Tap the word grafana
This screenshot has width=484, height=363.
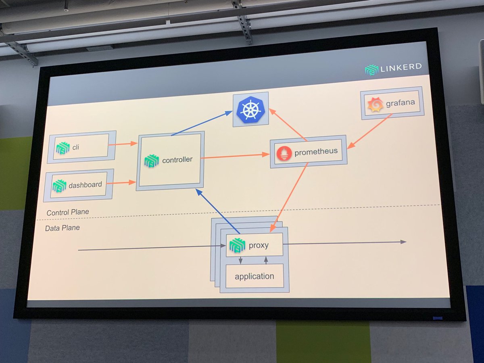click(x=400, y=103)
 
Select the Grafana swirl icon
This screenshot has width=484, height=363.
click(x=375, y=105)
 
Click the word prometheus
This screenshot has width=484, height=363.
click(x=316, y=152)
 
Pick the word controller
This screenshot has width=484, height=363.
click(x=177, y=160)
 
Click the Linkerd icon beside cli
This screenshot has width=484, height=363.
click(x=63, y=148)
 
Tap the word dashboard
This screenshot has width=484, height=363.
click(x=85, y=185)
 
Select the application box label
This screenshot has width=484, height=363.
click(x=254, y=276)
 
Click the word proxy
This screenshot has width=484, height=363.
click(x=259, y=245)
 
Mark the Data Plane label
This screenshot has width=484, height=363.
click(x=62, y=228)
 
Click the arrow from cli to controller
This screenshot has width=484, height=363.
click(x=123, y=143)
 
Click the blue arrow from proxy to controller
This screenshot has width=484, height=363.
click(x=218, y=211)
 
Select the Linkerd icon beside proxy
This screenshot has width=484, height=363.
click(x=237, y=246)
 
